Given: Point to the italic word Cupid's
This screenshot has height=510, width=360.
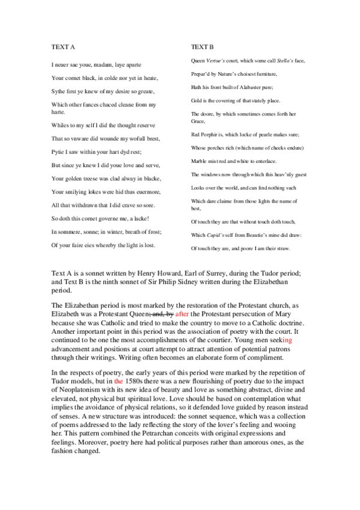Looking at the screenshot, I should (218, 235).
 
